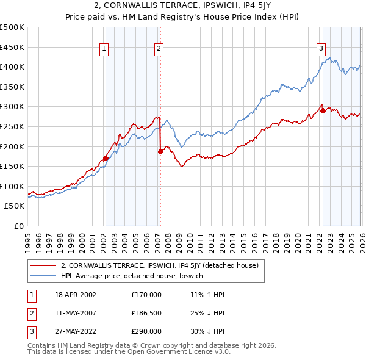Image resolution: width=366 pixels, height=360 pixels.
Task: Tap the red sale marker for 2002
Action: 106,158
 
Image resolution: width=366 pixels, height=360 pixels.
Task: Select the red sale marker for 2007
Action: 160,152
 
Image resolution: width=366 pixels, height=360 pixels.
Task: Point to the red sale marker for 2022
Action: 323,110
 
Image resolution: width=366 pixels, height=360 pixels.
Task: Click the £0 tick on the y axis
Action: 18,226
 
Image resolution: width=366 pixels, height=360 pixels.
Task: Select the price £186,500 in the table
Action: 146,313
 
